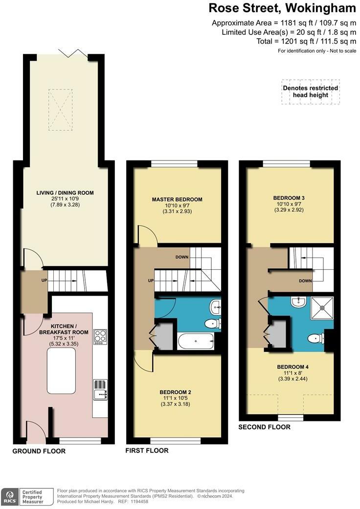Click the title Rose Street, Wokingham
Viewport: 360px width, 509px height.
pyautogui.click(x=282, y=8)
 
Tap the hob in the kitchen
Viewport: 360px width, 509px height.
pyautogui.click(x=100, y=337)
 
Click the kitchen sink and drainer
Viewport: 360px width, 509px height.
pyautogui.click(x=100, y=389)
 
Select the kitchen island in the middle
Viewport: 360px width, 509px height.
pyautogui.click(x=62, y=371)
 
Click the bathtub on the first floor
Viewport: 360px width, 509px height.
pyautogui.click(x=195, y=340)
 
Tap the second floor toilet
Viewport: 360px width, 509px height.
pyautogui.click(x=316, y=338)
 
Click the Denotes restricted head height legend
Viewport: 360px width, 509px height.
pyautogui.click(x=310, y=92)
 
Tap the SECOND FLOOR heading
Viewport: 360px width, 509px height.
pyautogui.click(x=264, y=427)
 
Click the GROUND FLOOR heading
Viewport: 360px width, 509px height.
pyautogui.click(x=39, y=451)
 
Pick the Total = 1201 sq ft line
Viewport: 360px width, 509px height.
pyautogui.click(x=306, y=41)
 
